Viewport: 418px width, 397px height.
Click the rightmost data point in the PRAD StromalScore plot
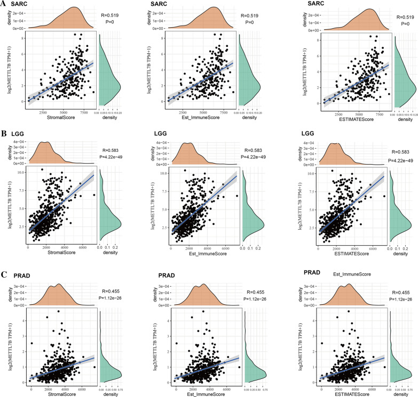tap(94, 368)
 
